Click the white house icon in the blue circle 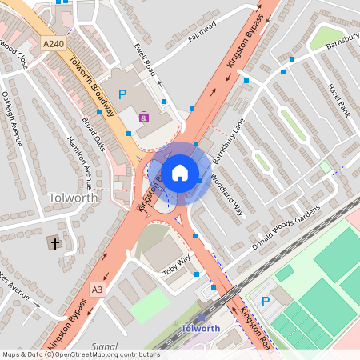click(180, 171)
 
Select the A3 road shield click(97, 289)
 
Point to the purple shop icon click(144, 117)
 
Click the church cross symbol click(55, 242)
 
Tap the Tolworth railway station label click(196, 328)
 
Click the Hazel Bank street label click(339, 98)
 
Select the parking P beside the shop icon click(122, 94)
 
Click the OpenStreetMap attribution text click(80, 354)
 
